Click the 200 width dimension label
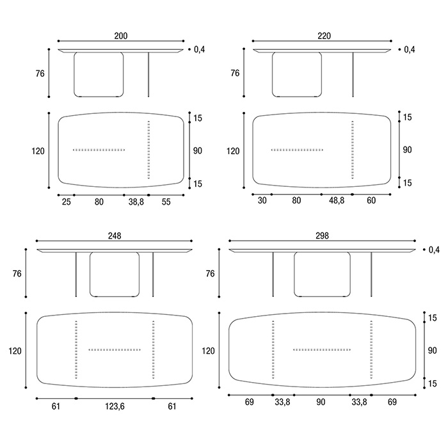pyautogui.click(x=121, y=36)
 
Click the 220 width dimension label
pyautogui.click(x=324, y=36)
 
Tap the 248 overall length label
pyautogui.click(x=115, y=236)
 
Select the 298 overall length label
pyautogui.click(x=323, y=236)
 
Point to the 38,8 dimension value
pyautogui.click(x=136, y=202)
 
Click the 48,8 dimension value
pyautogui.click(x=337, y=200)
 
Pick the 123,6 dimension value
pyautogui.click(x=115, y=406)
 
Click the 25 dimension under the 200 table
pyautogui.click(x=67, y=202)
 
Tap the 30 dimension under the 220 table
pyautogui.click(x=262, y=200)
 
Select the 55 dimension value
pyautogui.click(x=166, y=202)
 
